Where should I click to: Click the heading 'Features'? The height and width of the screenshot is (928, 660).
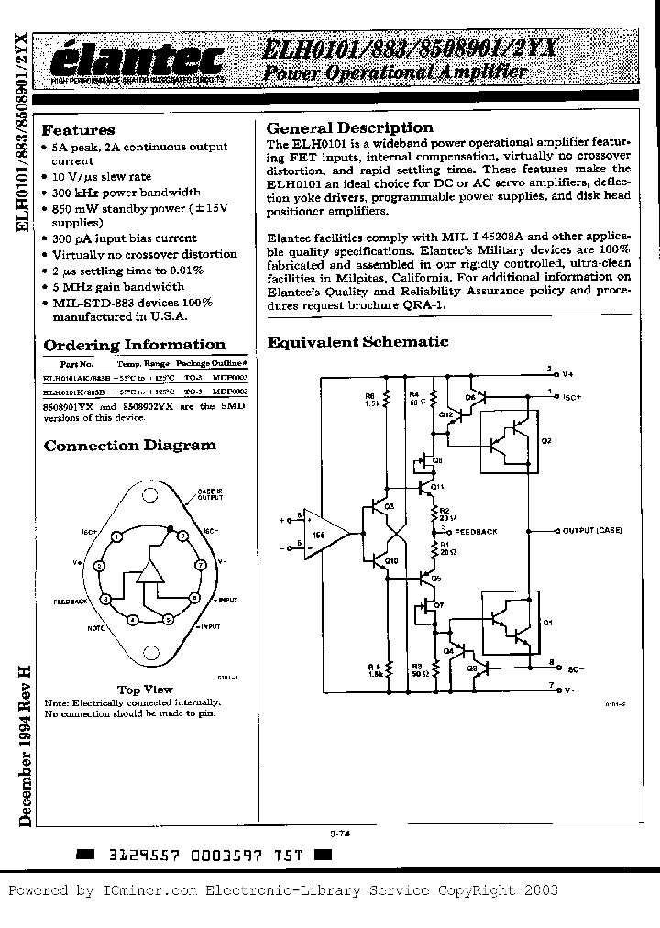click(x=79, y=130)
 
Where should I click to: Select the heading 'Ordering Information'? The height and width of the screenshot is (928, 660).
click(x=135, y=345)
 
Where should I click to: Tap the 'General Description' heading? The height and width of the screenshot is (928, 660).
click(x=349, y=128)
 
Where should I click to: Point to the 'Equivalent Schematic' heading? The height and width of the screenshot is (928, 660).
click(x=357, y=342)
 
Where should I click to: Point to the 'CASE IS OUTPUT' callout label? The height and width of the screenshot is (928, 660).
click(x=210, y=496)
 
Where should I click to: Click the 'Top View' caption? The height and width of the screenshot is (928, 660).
click(x=145, y=690)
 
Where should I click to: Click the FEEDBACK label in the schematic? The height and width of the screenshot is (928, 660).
click(x=475, y=531)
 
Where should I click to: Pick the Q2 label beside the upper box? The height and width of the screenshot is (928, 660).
click(x=546, y=440)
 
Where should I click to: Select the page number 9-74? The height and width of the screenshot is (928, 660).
click(x=340, y=834)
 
